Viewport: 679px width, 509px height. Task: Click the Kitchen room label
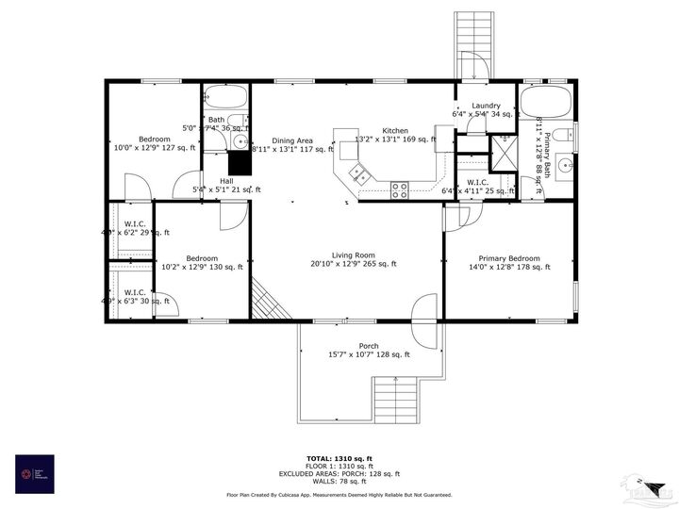(x=394, y=130)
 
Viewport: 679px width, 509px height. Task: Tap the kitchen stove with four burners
(x=400, y=188)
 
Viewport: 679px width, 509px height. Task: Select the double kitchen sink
(x=359, y=172)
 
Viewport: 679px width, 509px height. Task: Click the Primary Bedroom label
(x=509, y=258)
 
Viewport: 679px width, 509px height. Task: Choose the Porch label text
(x=369, y=346)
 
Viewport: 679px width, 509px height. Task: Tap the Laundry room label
(x=486, y=106)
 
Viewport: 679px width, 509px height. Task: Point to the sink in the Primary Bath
(x=566, y=167)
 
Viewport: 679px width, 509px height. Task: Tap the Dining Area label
(x=292, y=140)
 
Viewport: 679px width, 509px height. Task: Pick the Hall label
(x=226, y=181)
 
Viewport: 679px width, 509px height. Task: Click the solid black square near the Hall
(x=240, y=163)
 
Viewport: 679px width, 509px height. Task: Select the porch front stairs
(x=396, y=398)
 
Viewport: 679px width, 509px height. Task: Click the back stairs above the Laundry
(x=469, y=45)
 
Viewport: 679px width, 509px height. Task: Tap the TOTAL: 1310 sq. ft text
(x=339, y=458)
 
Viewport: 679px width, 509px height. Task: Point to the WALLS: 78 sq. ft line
(x=339, y=481)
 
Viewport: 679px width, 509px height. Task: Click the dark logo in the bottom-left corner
(x=35, y=474)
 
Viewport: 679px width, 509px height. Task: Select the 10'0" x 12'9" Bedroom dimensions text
(x=156, y=148)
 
